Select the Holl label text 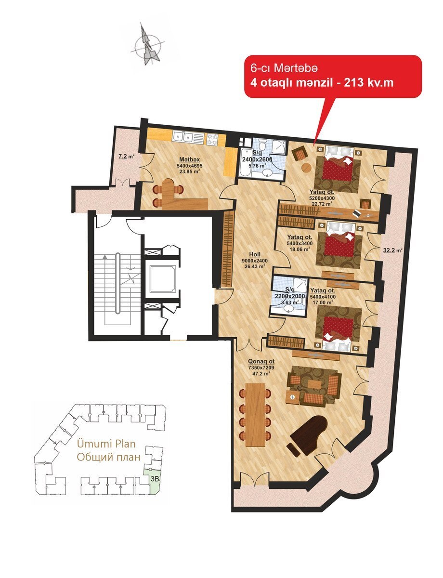coord(254,255)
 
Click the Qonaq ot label coord(261,361)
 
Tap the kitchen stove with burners coord(212,140)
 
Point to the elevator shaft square coord(162,278)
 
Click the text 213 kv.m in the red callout coord(368,83)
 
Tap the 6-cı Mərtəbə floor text coord(284,68)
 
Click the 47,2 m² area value coord(261,373)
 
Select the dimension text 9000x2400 coord(255,261)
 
